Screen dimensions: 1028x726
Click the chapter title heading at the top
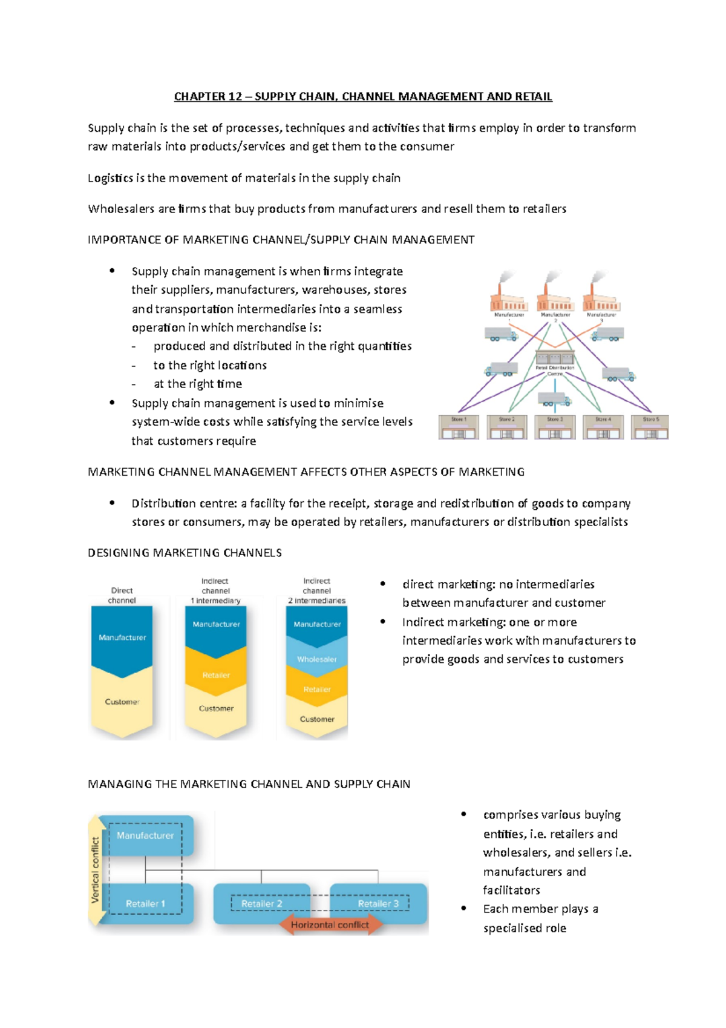click(x=363, y=96)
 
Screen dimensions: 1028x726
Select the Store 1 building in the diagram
click(x=459, y=427)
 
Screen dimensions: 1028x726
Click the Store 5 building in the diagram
click(x=650, y=427)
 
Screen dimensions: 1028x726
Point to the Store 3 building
click(x=555, y=427)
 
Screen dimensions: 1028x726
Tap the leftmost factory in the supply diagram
click(x=508, y=298)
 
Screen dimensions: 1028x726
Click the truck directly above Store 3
click(x=554, y=400)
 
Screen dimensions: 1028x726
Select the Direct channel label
click(x=122, y=595)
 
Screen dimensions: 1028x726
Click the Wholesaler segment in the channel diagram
click(x=317, y=659)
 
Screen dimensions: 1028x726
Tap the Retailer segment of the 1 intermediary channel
click(x=216, y=674)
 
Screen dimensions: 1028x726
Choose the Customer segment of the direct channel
click(x=122, y=702)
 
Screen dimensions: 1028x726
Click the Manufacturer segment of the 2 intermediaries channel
click(x=317, y=624)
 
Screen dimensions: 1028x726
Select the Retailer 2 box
click(x=262, y=903)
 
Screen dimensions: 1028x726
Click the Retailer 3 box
click(x=378, y=903)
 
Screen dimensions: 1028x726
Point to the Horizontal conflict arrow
click(x=330, y=925)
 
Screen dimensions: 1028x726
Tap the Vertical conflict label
click(x=95, y=869)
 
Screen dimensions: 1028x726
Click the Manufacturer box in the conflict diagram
click(x=145, y=835)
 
